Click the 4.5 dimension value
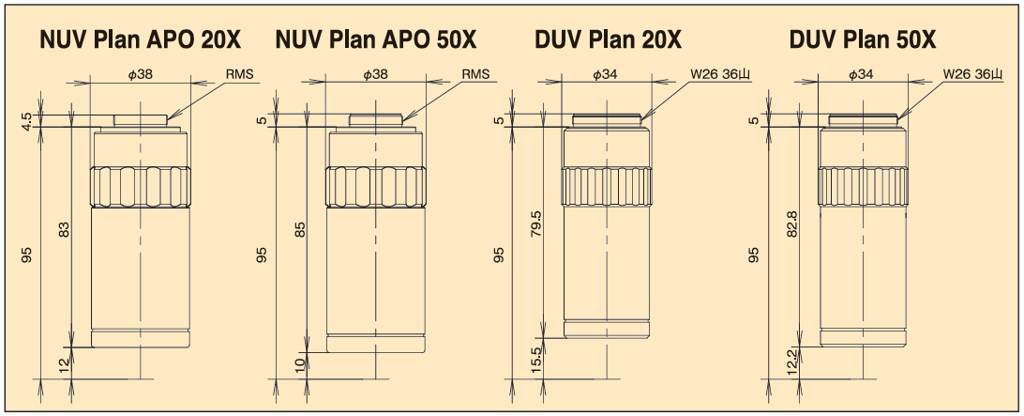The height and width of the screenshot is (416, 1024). (26, 120)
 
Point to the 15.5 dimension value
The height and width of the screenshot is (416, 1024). (535, 357)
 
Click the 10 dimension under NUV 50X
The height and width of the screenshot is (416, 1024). (300, 363)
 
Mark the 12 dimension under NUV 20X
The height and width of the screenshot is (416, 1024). (64, 365)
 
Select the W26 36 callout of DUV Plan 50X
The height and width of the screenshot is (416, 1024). (972, 73)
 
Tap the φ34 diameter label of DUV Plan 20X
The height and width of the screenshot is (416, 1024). (605, 73)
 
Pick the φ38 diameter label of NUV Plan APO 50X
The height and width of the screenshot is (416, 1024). (375, 73)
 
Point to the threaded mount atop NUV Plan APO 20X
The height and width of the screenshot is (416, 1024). (141, 120)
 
